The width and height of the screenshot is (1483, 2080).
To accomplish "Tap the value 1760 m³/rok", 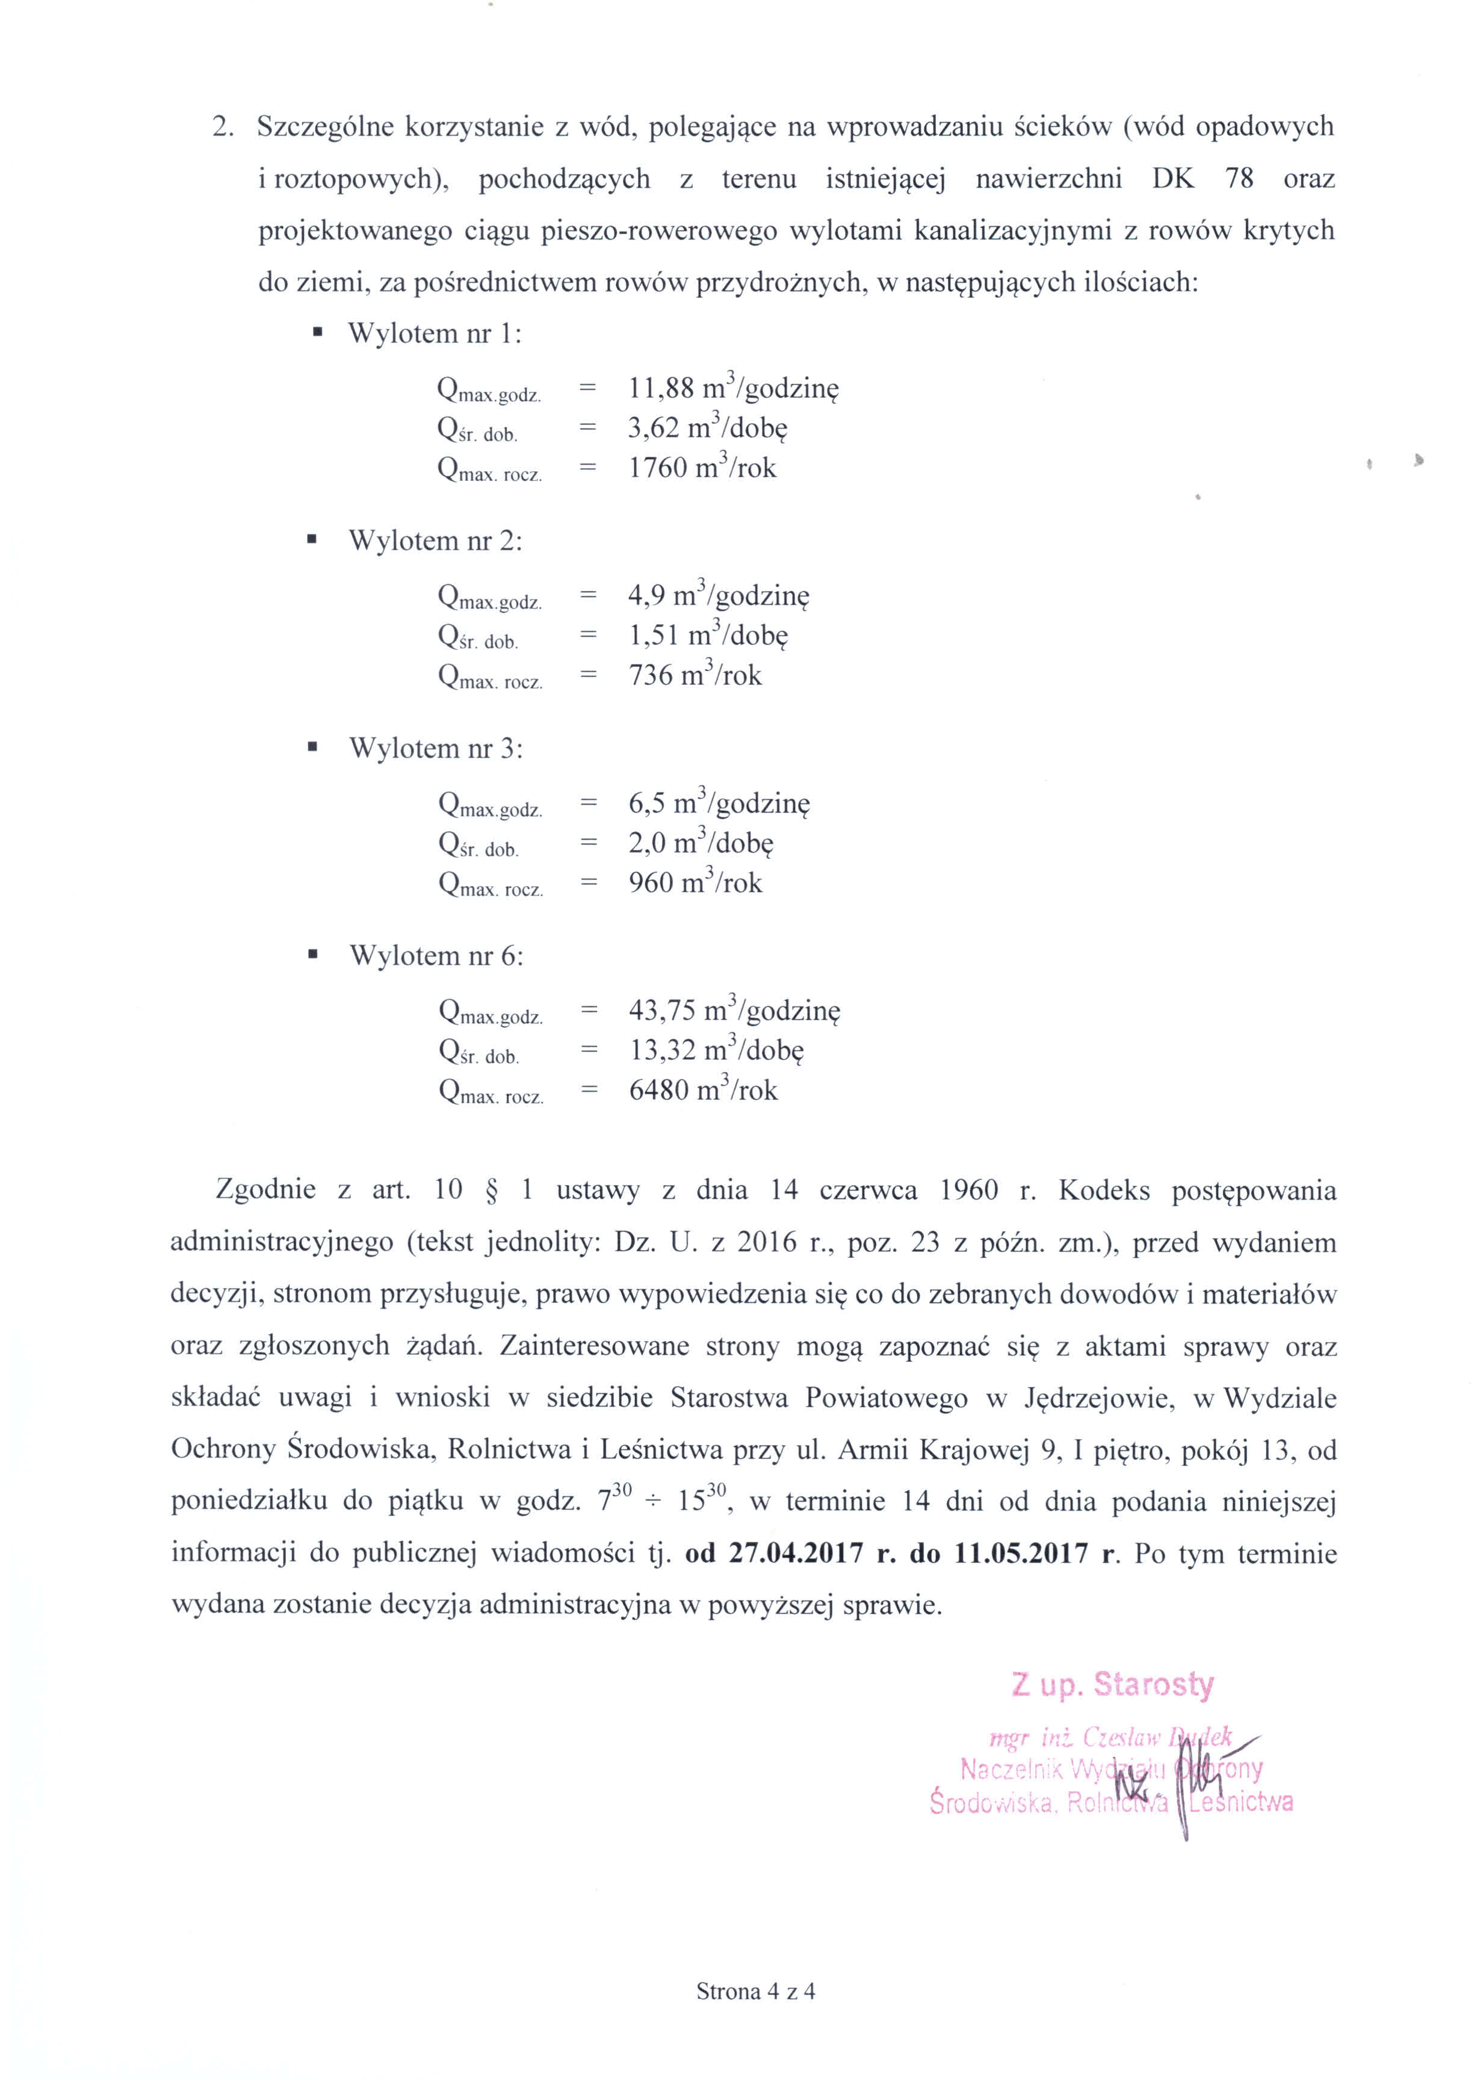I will [701, 468].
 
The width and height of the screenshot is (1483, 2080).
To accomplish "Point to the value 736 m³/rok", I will [694, 676].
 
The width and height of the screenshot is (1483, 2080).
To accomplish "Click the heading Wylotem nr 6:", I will [436, 956].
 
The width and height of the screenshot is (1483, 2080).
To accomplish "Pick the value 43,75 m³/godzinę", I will [733, 1011].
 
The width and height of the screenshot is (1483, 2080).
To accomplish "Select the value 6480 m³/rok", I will [702, 1090].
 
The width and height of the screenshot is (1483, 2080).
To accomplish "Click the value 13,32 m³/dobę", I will [716, 1050].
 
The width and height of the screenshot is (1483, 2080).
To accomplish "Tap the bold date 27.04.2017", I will [796, 1554].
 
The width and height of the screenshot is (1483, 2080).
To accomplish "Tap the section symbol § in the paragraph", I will [491, 1190].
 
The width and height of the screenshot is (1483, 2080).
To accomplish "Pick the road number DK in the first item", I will [1172, 178].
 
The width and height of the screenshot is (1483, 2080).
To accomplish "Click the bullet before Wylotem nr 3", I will [313, 748].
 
